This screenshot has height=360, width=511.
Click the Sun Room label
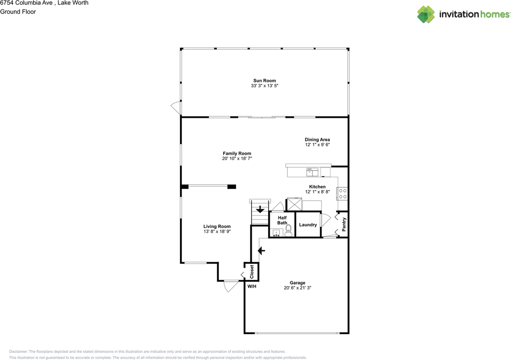tap(264, 81)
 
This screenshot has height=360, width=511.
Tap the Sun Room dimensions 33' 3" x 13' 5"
tap(264, 86)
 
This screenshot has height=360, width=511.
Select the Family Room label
tap(237, 153)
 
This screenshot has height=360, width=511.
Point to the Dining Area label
tap(317, 140)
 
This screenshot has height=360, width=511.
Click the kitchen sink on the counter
tap(312, 172)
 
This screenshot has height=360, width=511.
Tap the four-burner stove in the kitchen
tap(343, 194)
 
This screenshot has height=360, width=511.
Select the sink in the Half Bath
tap(276, 232)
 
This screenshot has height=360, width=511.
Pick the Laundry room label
tap(308, 225)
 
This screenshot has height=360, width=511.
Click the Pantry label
tap(344, 224)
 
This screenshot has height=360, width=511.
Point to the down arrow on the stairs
tap(260, 209)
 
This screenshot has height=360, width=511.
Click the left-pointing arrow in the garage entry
tap(261, 251)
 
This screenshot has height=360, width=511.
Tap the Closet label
tap(252, 272)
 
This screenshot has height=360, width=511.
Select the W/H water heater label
tap(252, 286)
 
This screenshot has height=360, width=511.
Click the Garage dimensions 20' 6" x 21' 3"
tap(297, 287)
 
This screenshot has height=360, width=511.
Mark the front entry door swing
tap(230, 285)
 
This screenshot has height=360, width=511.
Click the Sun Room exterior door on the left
tap(176, 107)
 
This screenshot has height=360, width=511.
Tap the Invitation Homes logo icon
tap(426, 14)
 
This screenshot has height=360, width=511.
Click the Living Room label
tap(217, 226)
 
